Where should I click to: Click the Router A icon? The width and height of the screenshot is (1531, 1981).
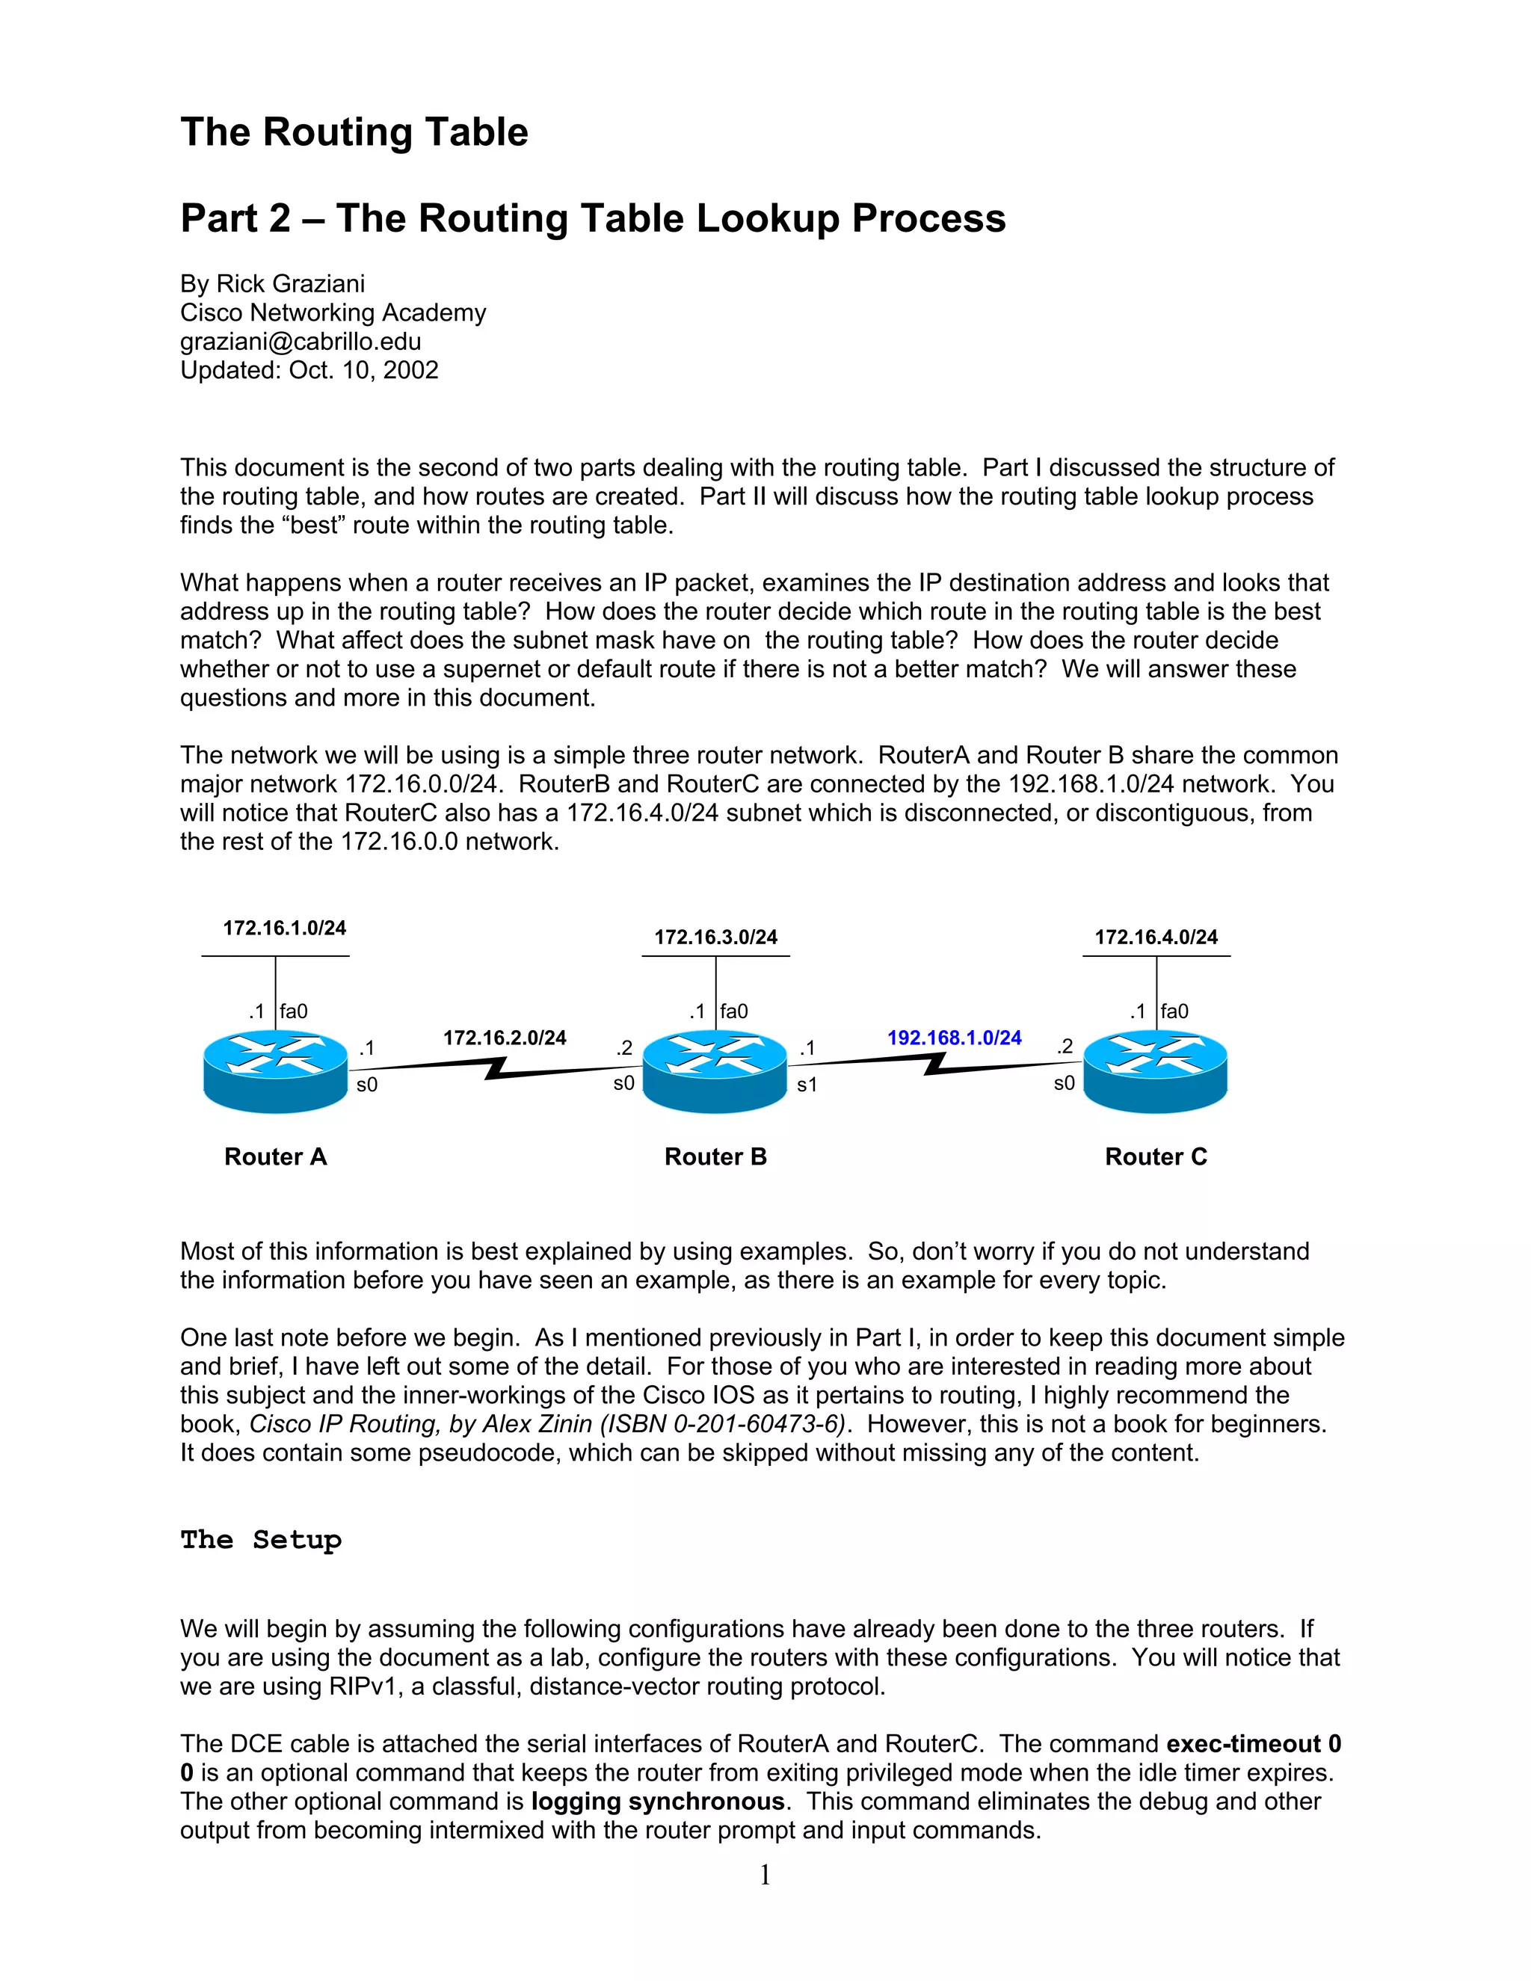tap(276, 1071)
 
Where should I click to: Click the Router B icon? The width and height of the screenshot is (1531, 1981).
tap(715, 1071)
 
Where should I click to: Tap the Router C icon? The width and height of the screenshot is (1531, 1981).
tap(1156, 1071)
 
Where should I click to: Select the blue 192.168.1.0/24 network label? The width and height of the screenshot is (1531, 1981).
tap(954, 1038)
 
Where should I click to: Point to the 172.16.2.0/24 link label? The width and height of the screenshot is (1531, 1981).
tap(505, 1038)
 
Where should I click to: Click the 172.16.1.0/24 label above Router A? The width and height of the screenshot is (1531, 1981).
tap(285, 928)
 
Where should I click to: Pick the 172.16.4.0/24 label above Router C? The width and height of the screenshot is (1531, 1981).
tap(1156, 937)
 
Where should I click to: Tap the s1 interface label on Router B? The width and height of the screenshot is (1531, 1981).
tap(807, 1085)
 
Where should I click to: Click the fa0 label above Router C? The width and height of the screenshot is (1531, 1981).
tap(1174, 1011)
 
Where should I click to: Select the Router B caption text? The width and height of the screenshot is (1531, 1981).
tap(715, 1156)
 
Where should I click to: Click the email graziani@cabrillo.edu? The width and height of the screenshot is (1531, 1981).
tap(301, 341)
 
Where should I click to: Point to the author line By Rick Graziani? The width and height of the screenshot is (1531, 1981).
tap(272, 284)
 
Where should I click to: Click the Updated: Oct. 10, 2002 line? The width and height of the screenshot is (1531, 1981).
tap(309, 370)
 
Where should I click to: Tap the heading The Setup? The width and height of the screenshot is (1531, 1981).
tap(260, 1539)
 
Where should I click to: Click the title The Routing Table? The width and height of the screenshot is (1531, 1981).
tap(354, 132)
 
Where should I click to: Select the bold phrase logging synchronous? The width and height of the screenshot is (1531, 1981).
tap(658, 1802)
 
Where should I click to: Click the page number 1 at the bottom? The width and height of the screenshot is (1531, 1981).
tap(765, 1874)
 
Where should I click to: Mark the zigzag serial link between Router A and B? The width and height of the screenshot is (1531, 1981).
tap(495, 1067)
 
